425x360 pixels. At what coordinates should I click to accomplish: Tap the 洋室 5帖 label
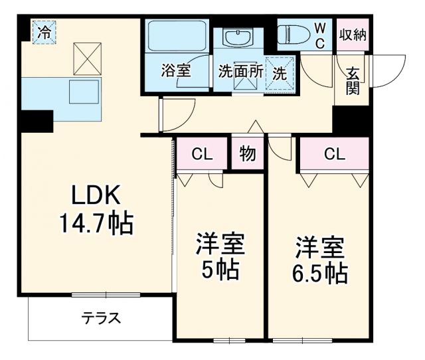point(219,256)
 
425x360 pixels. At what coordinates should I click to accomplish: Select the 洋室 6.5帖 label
point(320,258)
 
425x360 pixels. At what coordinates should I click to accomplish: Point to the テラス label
point(101,317)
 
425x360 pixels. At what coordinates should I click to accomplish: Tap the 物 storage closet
point(247,154)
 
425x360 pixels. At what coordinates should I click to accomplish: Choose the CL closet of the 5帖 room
point(201,154)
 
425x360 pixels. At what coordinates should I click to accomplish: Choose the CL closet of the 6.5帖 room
point(334,154)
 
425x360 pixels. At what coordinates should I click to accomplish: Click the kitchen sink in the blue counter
point(83,93)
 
